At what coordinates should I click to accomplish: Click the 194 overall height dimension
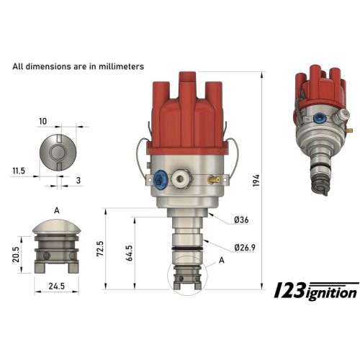tap(256, 181)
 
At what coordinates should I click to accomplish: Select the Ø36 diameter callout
tap(241, 220)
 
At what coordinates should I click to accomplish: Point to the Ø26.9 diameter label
tap(245, 247)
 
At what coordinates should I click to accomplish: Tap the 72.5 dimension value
tap(100, 248)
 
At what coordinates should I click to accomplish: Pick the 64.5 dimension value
tap(129, 253)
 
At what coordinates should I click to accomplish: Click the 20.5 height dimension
tap(16, 254)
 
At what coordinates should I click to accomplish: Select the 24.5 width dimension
tap(57, 286)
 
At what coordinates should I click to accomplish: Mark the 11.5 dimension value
tap(19, 171)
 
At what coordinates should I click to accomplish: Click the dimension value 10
tap(43, 122)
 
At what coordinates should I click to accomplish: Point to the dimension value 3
tap(78, 181)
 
